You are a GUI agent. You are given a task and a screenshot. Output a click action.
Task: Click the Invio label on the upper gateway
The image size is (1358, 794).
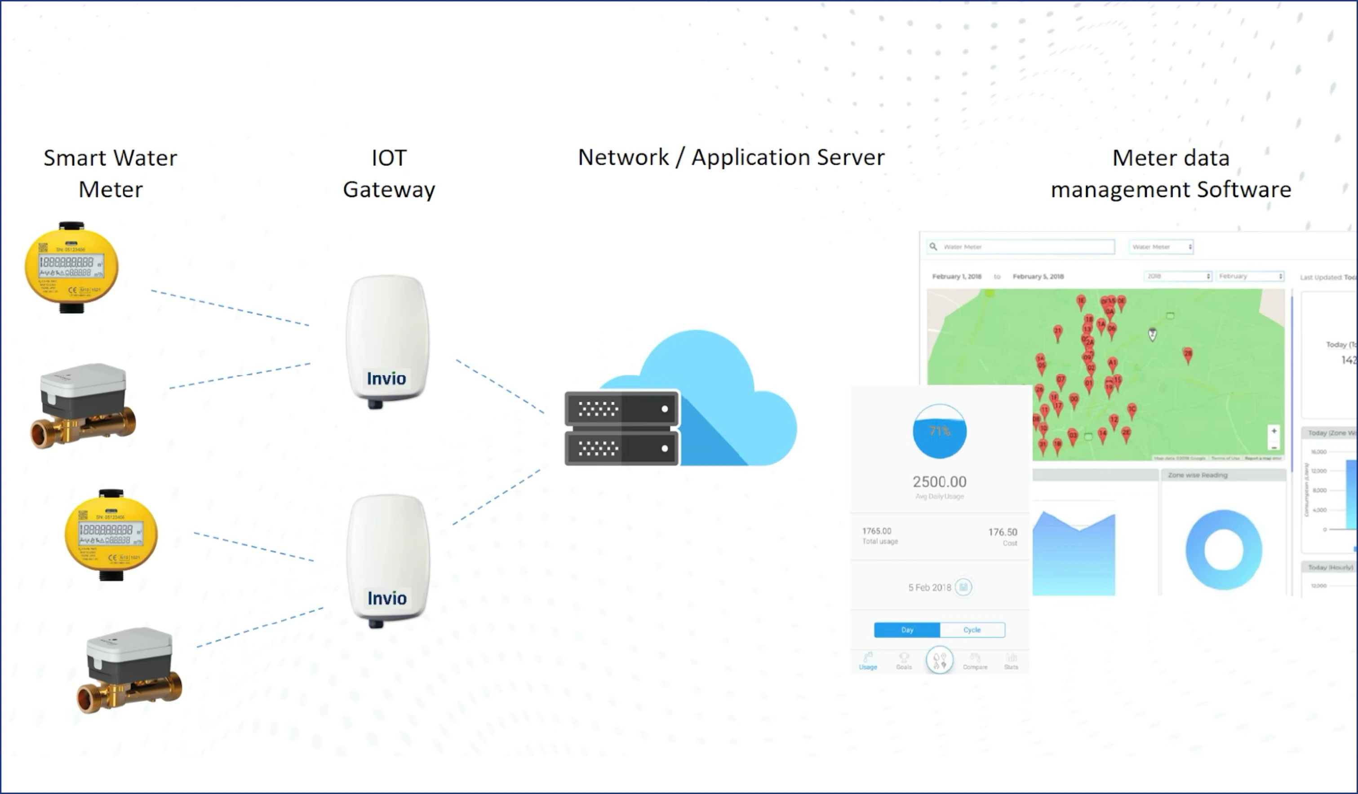386,379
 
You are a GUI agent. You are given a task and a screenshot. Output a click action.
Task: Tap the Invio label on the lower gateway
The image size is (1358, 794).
387,598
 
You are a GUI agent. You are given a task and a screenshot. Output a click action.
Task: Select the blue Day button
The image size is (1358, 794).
907,630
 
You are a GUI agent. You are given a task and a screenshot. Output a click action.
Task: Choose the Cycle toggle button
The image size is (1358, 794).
972,630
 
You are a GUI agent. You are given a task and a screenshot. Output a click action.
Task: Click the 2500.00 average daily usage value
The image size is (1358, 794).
939,481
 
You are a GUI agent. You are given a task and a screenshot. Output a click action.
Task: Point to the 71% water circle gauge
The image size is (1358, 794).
939,432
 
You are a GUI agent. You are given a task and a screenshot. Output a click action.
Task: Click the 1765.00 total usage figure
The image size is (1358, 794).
877,531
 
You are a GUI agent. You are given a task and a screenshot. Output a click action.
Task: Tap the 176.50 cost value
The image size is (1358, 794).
1003,532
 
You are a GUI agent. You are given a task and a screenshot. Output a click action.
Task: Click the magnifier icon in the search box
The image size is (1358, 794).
933,247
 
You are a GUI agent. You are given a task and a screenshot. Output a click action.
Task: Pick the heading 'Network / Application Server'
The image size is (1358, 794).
731,157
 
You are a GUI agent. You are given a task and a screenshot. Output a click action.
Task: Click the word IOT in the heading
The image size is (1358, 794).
389,158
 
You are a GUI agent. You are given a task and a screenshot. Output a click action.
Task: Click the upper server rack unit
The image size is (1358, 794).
622,410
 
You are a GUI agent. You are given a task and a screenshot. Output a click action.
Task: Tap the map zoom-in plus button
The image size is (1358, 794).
1274,431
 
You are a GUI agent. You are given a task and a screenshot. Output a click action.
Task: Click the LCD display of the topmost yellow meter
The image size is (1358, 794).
70,263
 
